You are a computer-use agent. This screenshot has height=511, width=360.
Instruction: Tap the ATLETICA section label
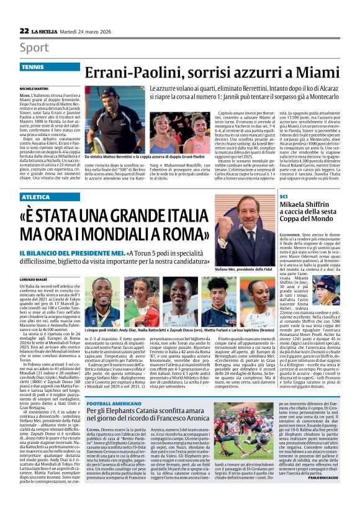click(36, 197)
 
